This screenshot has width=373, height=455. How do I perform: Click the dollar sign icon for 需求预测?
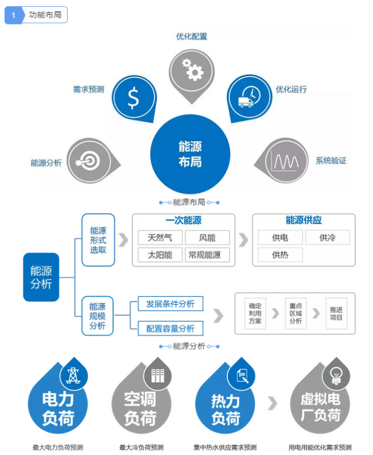133,98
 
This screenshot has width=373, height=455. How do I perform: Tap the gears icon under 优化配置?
192,69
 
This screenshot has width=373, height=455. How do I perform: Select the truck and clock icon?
248,97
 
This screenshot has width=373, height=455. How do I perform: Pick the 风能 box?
208,238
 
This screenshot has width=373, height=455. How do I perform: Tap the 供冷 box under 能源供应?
328,238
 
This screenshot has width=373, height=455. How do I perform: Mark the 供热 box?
279,254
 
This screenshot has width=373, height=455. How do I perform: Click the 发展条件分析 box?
171,304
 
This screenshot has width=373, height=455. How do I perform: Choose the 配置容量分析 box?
171,328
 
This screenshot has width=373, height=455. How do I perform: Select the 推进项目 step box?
336,313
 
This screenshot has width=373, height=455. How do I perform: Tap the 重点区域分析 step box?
296,313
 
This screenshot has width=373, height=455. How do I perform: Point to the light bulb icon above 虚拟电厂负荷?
332,375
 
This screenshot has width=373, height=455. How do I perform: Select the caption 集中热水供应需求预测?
225,447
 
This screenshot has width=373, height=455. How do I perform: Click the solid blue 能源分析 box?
41,277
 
